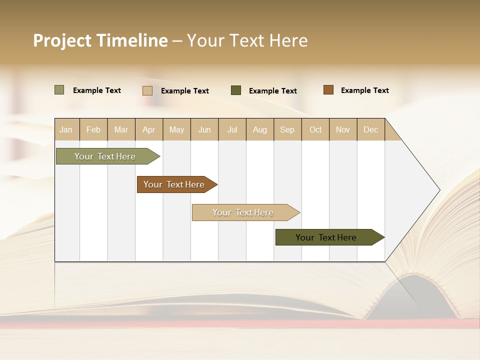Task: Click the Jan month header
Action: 66,129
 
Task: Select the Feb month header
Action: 93,129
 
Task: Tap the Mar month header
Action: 121,129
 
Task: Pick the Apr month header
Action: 149,129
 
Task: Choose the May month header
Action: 176,129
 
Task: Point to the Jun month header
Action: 204,129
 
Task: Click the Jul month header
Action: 232,129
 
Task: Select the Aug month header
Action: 260,129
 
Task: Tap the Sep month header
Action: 287,129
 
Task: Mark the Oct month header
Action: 315,129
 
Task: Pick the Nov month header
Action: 343,129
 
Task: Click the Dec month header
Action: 371,129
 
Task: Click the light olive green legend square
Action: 59,90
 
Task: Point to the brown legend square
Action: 328,90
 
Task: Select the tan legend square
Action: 147,90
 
